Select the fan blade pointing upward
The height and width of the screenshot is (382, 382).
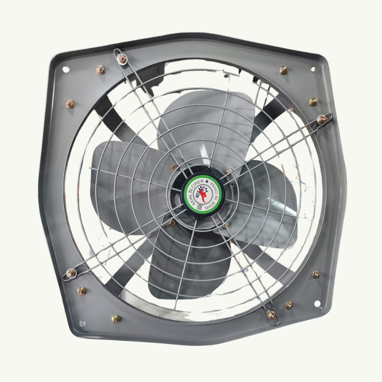coord(214,122)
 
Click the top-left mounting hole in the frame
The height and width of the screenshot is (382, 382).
coord(65,69)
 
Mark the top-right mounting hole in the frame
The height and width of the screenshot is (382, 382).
coord(313,70)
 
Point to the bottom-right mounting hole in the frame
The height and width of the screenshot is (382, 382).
coord(317,303)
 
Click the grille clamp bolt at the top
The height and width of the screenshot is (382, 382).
coord(122,58)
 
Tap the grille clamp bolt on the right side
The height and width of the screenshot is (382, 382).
coord(322,120)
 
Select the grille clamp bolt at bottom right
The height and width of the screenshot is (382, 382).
coord(272,315)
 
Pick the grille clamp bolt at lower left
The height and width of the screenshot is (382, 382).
coord(71,273)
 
